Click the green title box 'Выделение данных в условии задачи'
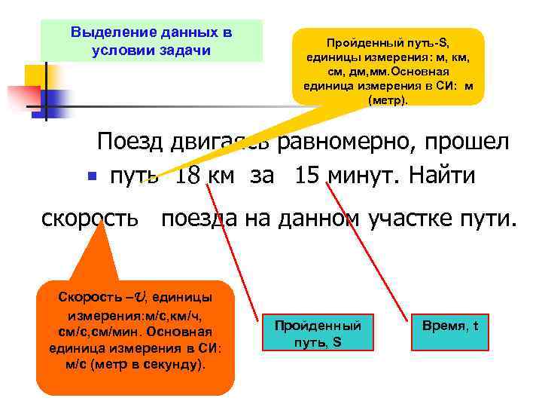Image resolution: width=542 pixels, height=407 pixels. (151, 41)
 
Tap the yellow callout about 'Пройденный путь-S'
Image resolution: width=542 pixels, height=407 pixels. (388, 68)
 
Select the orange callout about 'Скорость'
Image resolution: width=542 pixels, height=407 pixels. (135, 332)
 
